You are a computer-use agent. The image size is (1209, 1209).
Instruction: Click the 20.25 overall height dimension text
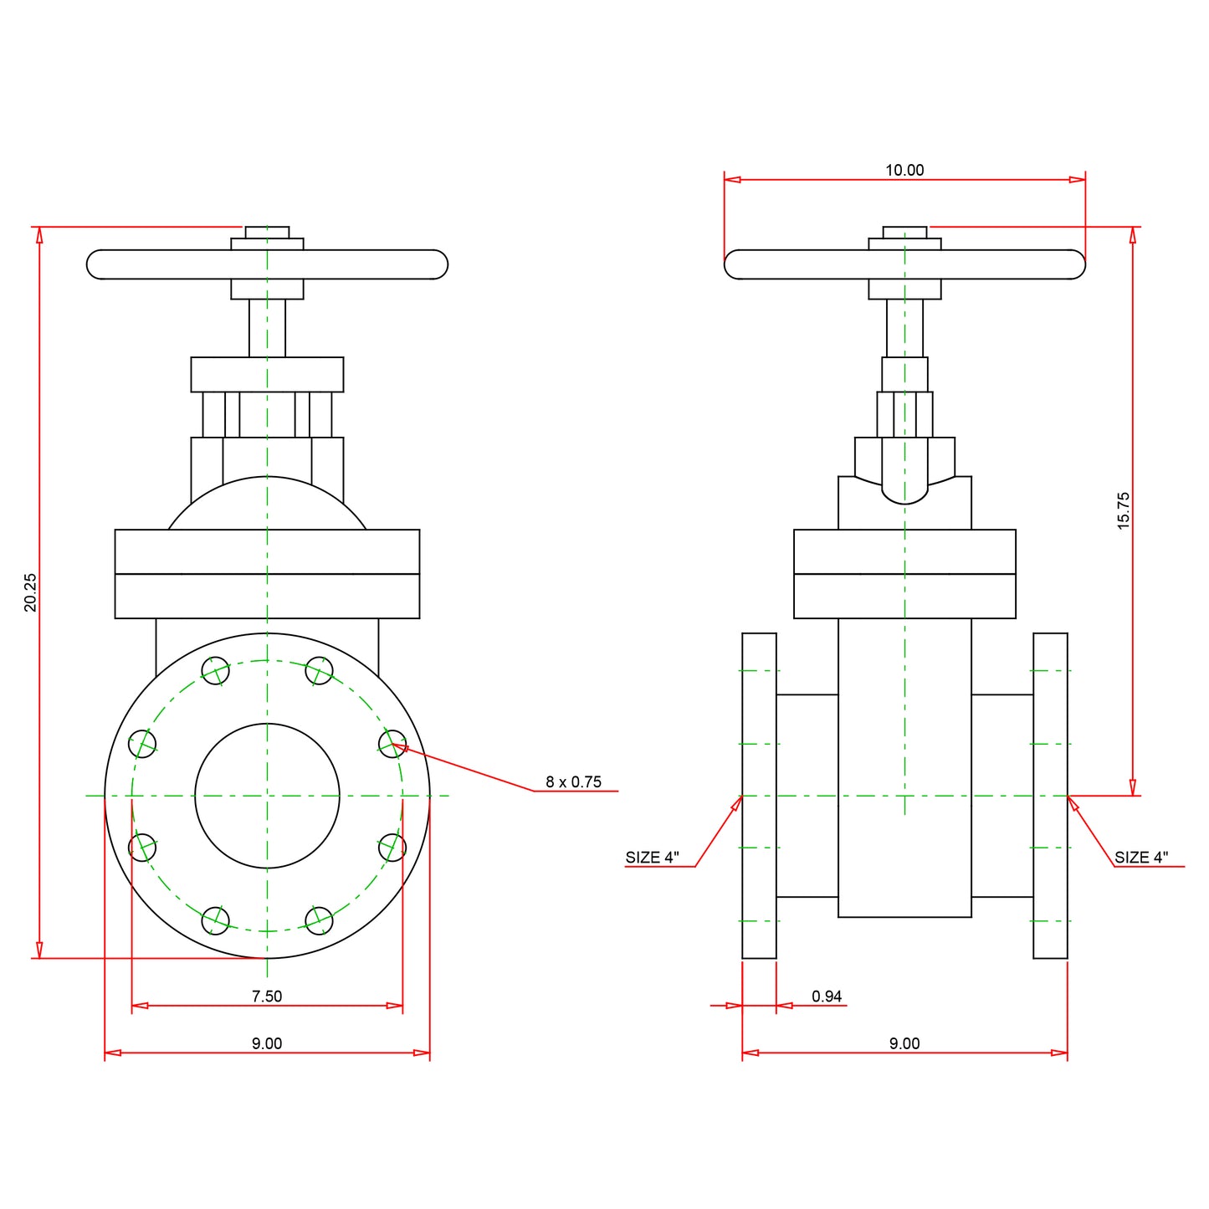click(x=30, y=592)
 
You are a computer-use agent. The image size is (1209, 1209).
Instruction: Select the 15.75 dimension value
click(x=1123, y=510)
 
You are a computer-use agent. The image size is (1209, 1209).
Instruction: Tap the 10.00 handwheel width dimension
click(x=904, y=170)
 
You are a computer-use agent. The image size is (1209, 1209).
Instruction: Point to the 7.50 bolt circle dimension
click(x=267, y=996)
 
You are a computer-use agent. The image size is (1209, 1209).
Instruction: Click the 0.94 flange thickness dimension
click(x=827, y=996)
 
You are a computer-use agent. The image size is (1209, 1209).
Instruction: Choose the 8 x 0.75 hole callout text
click(x=573, y=781)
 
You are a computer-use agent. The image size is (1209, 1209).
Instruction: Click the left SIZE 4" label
click(x=653, y=858)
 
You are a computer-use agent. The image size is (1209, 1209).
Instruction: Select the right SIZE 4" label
click(x=1141, y=858)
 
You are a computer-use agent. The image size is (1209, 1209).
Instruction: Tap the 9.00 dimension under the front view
click(x=267, y=1043)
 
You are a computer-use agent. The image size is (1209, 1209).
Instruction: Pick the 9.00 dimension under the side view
click(x=904, y=1043)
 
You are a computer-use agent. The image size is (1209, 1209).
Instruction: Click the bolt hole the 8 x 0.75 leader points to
click(x=392, y=743)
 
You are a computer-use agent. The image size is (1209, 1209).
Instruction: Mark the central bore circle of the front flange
click(x=267, y=796)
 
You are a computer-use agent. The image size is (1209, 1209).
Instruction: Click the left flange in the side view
click(x=759, y=796)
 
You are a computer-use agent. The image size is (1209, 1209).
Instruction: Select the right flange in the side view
click(x=1050, y=796)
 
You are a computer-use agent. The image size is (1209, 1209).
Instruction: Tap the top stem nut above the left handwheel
click(x=267, y=233)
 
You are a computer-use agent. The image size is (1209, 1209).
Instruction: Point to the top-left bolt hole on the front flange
click(x=216, y=670)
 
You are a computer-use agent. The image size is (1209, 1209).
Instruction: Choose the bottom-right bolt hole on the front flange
click(x=319, y=920)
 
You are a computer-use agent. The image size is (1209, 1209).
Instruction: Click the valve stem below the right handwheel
click(x=904, y=327)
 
